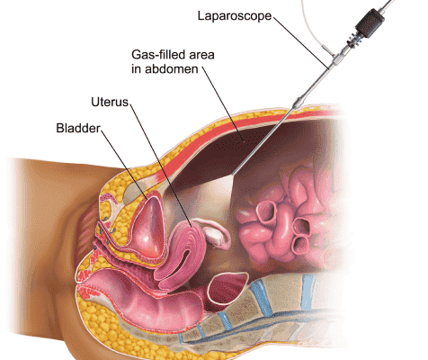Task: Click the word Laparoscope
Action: point(235,16)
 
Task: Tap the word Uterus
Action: point(110,102)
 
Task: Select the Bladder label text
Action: point(78,128)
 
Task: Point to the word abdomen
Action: point(172,69)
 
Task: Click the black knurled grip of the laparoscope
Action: point(370,23)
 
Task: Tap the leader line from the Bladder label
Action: point(124,164)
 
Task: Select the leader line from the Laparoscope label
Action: point(300,43)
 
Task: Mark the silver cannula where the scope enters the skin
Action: point(298,103)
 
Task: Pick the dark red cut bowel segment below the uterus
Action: point(227,288)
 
